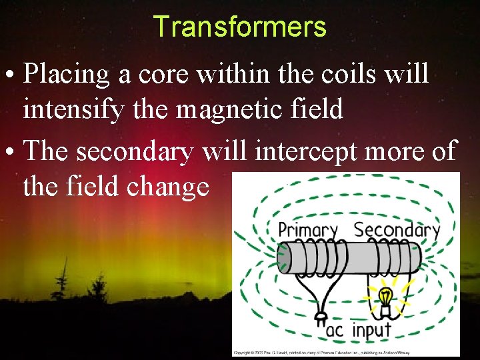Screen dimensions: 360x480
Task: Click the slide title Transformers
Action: tap(239, 27)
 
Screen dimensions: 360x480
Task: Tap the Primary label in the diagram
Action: tap(307, 230)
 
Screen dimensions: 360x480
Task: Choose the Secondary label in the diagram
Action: tap(397, 230)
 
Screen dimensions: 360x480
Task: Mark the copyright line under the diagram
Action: tap(345, 351)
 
